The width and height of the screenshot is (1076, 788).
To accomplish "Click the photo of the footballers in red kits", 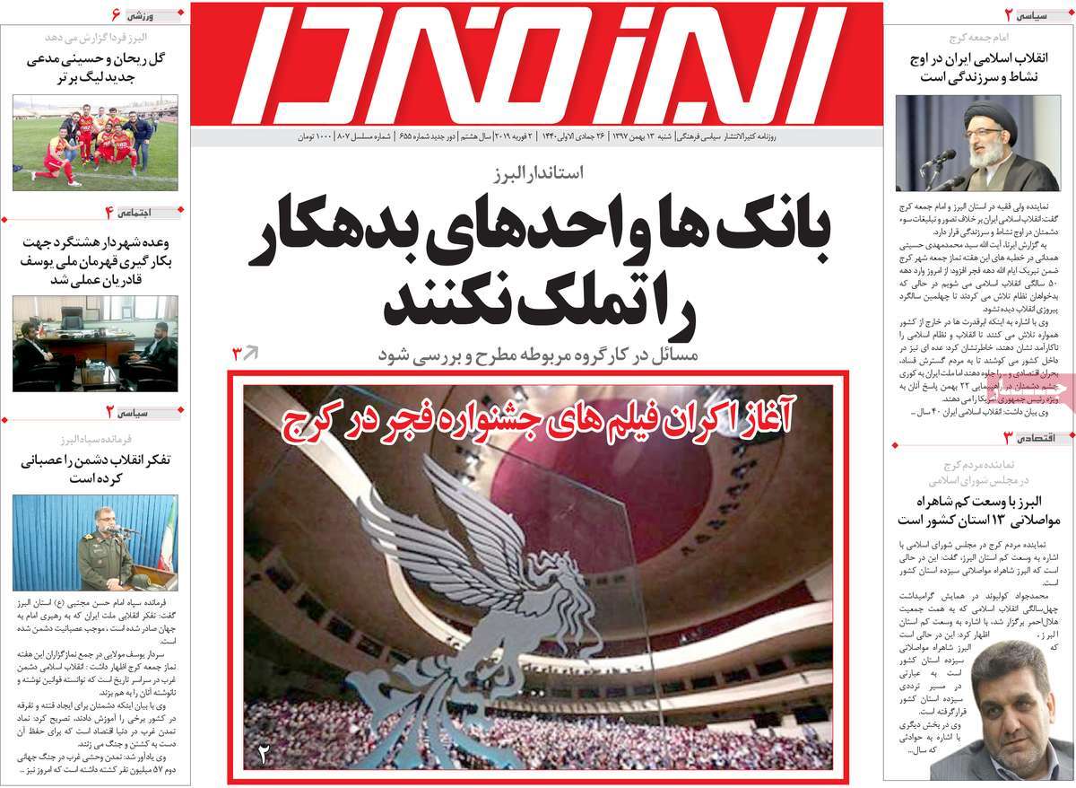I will tap(94, 144).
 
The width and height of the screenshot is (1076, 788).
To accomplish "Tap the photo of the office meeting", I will tap(94, 343).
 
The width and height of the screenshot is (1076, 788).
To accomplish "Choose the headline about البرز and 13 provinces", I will tap(977, 510).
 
